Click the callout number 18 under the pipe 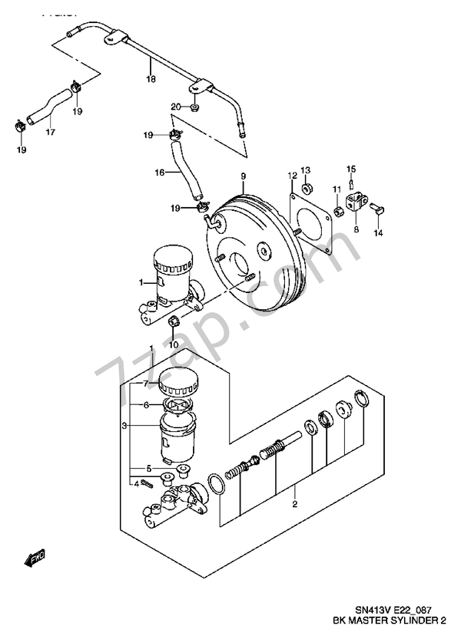point(151,78)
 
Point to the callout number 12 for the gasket point(292,176)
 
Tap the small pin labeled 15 point(352,183)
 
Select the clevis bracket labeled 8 point(355,204)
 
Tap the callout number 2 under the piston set point(294,504)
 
